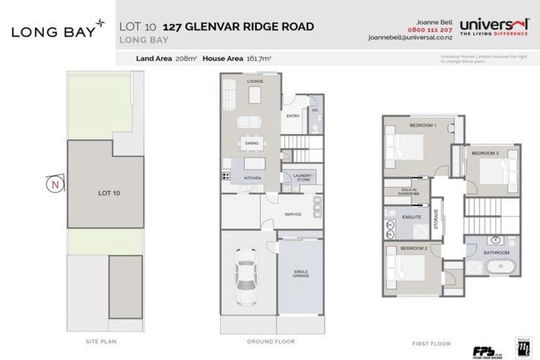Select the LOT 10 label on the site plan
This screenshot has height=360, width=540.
[x=106, y=191]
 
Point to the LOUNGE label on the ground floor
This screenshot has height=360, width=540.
[x=253, y=82]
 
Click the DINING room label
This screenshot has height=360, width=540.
[x=251, y=143]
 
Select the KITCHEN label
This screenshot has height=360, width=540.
[x=252, y=178]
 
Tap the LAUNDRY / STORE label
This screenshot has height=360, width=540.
[x=304, y=177]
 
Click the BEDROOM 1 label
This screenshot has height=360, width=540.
[x=423, y=124]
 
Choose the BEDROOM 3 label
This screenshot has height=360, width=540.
[x=484, y=153]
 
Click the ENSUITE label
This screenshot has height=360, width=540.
[x=412, y=217]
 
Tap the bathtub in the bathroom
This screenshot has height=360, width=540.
[x=500, y=266]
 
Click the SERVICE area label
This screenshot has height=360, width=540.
[x=293, y=214]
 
